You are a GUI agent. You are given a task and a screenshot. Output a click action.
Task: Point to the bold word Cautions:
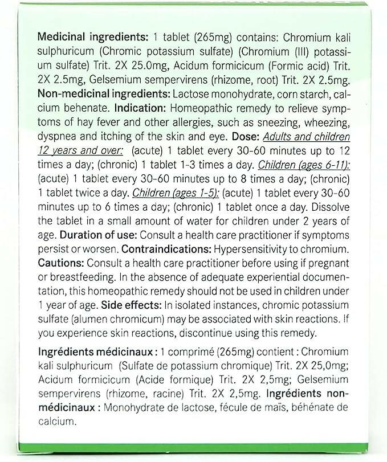coord(60,263)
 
